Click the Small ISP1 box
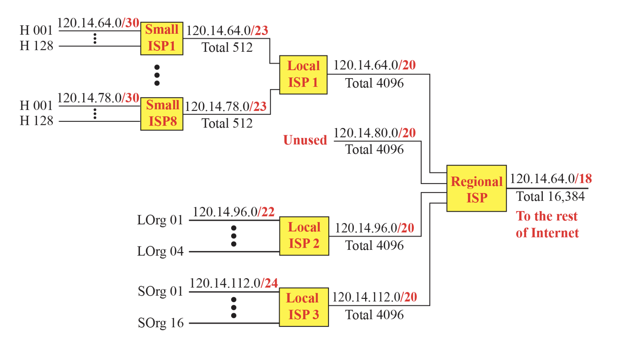(x=162, y=38)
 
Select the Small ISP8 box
(x=162, y=114)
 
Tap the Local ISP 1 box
(x=303, y=74)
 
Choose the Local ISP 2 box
(x=304, y=236)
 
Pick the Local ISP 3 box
(x=304, y=307)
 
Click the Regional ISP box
(x=476, y=188)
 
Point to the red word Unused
(x=305, y=140)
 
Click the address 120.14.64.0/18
(x=550, y=179)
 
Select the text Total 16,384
(x=550, y=196)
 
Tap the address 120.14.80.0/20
(x=374, y=133)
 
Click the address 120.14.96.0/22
(x=233, y=212)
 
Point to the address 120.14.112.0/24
(x=233, y=283)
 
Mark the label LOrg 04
(x=160, y=251)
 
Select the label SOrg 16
(x=161, y=323)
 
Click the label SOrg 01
(x=160, y=291)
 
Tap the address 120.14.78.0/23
(x=225, y=107)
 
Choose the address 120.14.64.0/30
(x=98, y=23)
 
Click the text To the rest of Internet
(x=547, y=224)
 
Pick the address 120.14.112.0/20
(x=374, y=297)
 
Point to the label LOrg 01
(x=160, y=220)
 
